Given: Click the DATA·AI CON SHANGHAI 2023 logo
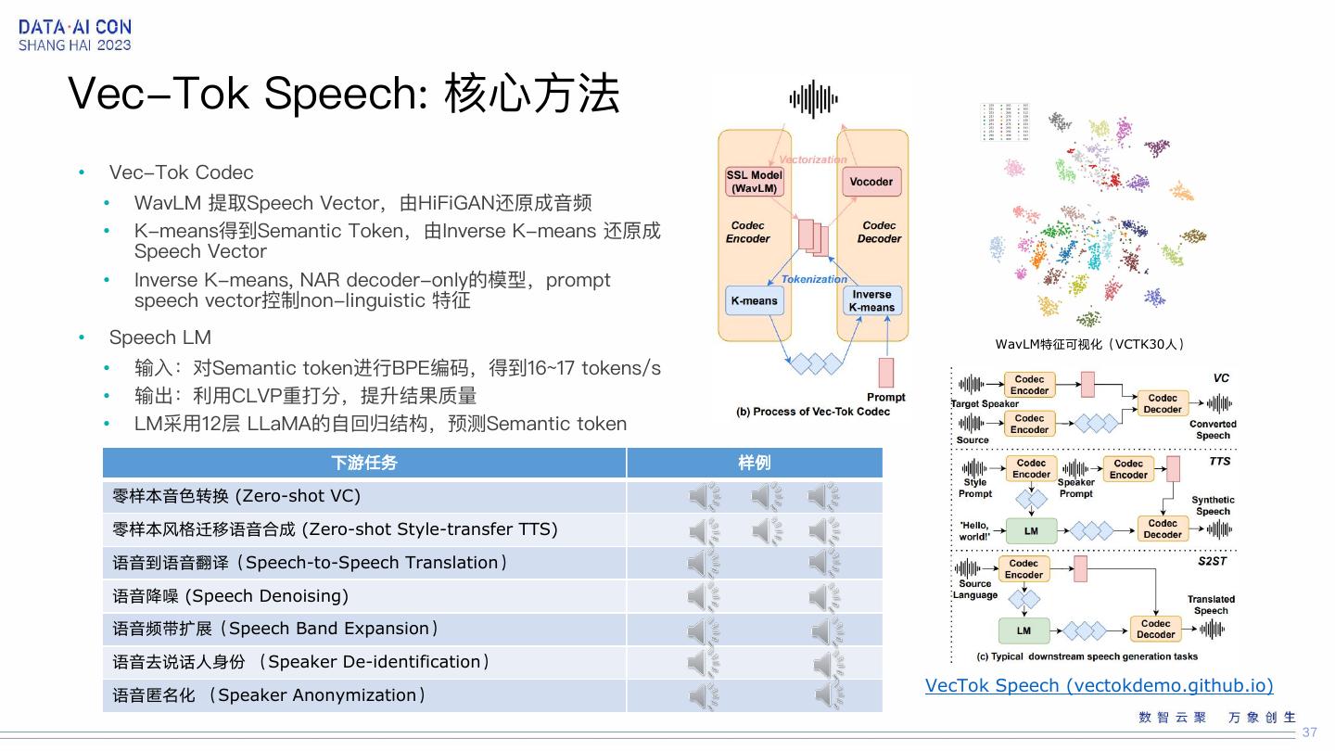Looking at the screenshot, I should pos(75,35).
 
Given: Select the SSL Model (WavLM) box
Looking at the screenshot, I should pos(753,182).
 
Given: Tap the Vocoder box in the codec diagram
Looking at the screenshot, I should pos(871,182).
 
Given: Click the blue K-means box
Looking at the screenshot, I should pos(754,300).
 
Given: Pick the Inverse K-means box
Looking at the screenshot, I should pos(871,300).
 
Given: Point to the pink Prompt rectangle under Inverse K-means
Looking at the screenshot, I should pos(885,372).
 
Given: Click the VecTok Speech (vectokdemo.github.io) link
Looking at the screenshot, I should pos(1099,685).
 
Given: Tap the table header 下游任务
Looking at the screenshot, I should pos(363,463).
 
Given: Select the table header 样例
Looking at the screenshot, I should pos(754,463).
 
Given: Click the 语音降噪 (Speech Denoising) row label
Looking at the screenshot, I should pos(231,596).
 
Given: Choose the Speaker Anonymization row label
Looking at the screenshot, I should pos(269,695).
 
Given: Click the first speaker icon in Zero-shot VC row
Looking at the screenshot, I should pos(705,497).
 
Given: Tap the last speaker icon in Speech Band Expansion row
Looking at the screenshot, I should pos(827,630).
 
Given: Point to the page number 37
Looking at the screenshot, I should pos(1309,732).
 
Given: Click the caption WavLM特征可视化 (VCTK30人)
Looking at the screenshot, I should pos(1090,344).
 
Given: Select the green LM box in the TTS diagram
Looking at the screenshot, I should pos(1030,531).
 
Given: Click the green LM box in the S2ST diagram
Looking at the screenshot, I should pos(1023,630).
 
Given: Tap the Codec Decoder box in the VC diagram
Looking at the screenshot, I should pos(1163,403).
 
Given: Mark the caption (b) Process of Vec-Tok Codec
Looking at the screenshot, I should pos(812,412).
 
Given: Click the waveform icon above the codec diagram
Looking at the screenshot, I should pos(813,99).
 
